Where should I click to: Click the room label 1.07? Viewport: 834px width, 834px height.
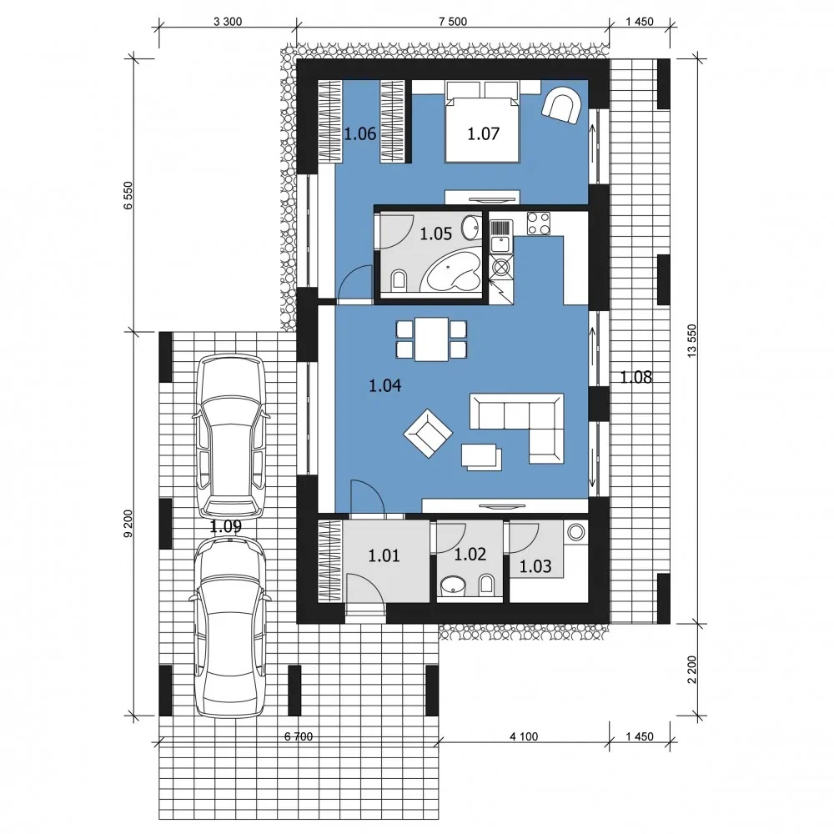pyautogui.click(x=484, y=133)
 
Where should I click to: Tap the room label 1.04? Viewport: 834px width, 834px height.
pyautogui.click(x=384, y=385)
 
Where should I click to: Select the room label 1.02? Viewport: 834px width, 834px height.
pyautogui.click(x=470, y=555)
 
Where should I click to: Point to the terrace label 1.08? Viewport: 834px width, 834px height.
pyautogui.click(x=636, y=377)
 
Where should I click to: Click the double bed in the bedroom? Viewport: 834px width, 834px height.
pyautogui.click(x=482, y=122)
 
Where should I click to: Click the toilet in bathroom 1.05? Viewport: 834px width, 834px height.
pyautogui.click(x=399, y=280)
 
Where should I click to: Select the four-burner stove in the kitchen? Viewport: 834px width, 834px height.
pyautogui.click(x=538, y=224)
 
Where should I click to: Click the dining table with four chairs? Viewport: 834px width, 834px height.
pyautogui.click(x=431, y=339)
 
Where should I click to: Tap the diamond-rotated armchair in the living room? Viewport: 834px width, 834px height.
pyautogui.click(x=428, y=433)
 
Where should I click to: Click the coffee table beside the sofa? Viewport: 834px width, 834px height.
pyautogui.click(x=481, y=457)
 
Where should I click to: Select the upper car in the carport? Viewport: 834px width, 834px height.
pyautogui.click(x=230, y=436)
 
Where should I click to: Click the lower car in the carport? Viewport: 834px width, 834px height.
pyautogui.click(x=230, y=626)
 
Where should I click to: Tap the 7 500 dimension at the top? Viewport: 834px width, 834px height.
pyautogui.click(x=453, y=22)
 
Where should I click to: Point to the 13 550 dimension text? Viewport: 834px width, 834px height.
pyautogui.click(x=691, y=340)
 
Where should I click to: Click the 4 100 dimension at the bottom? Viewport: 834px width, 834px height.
pyautogui.click(x=524, y=736)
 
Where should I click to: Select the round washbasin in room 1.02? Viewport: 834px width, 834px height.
pyautogui.click(x=453, y=585)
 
